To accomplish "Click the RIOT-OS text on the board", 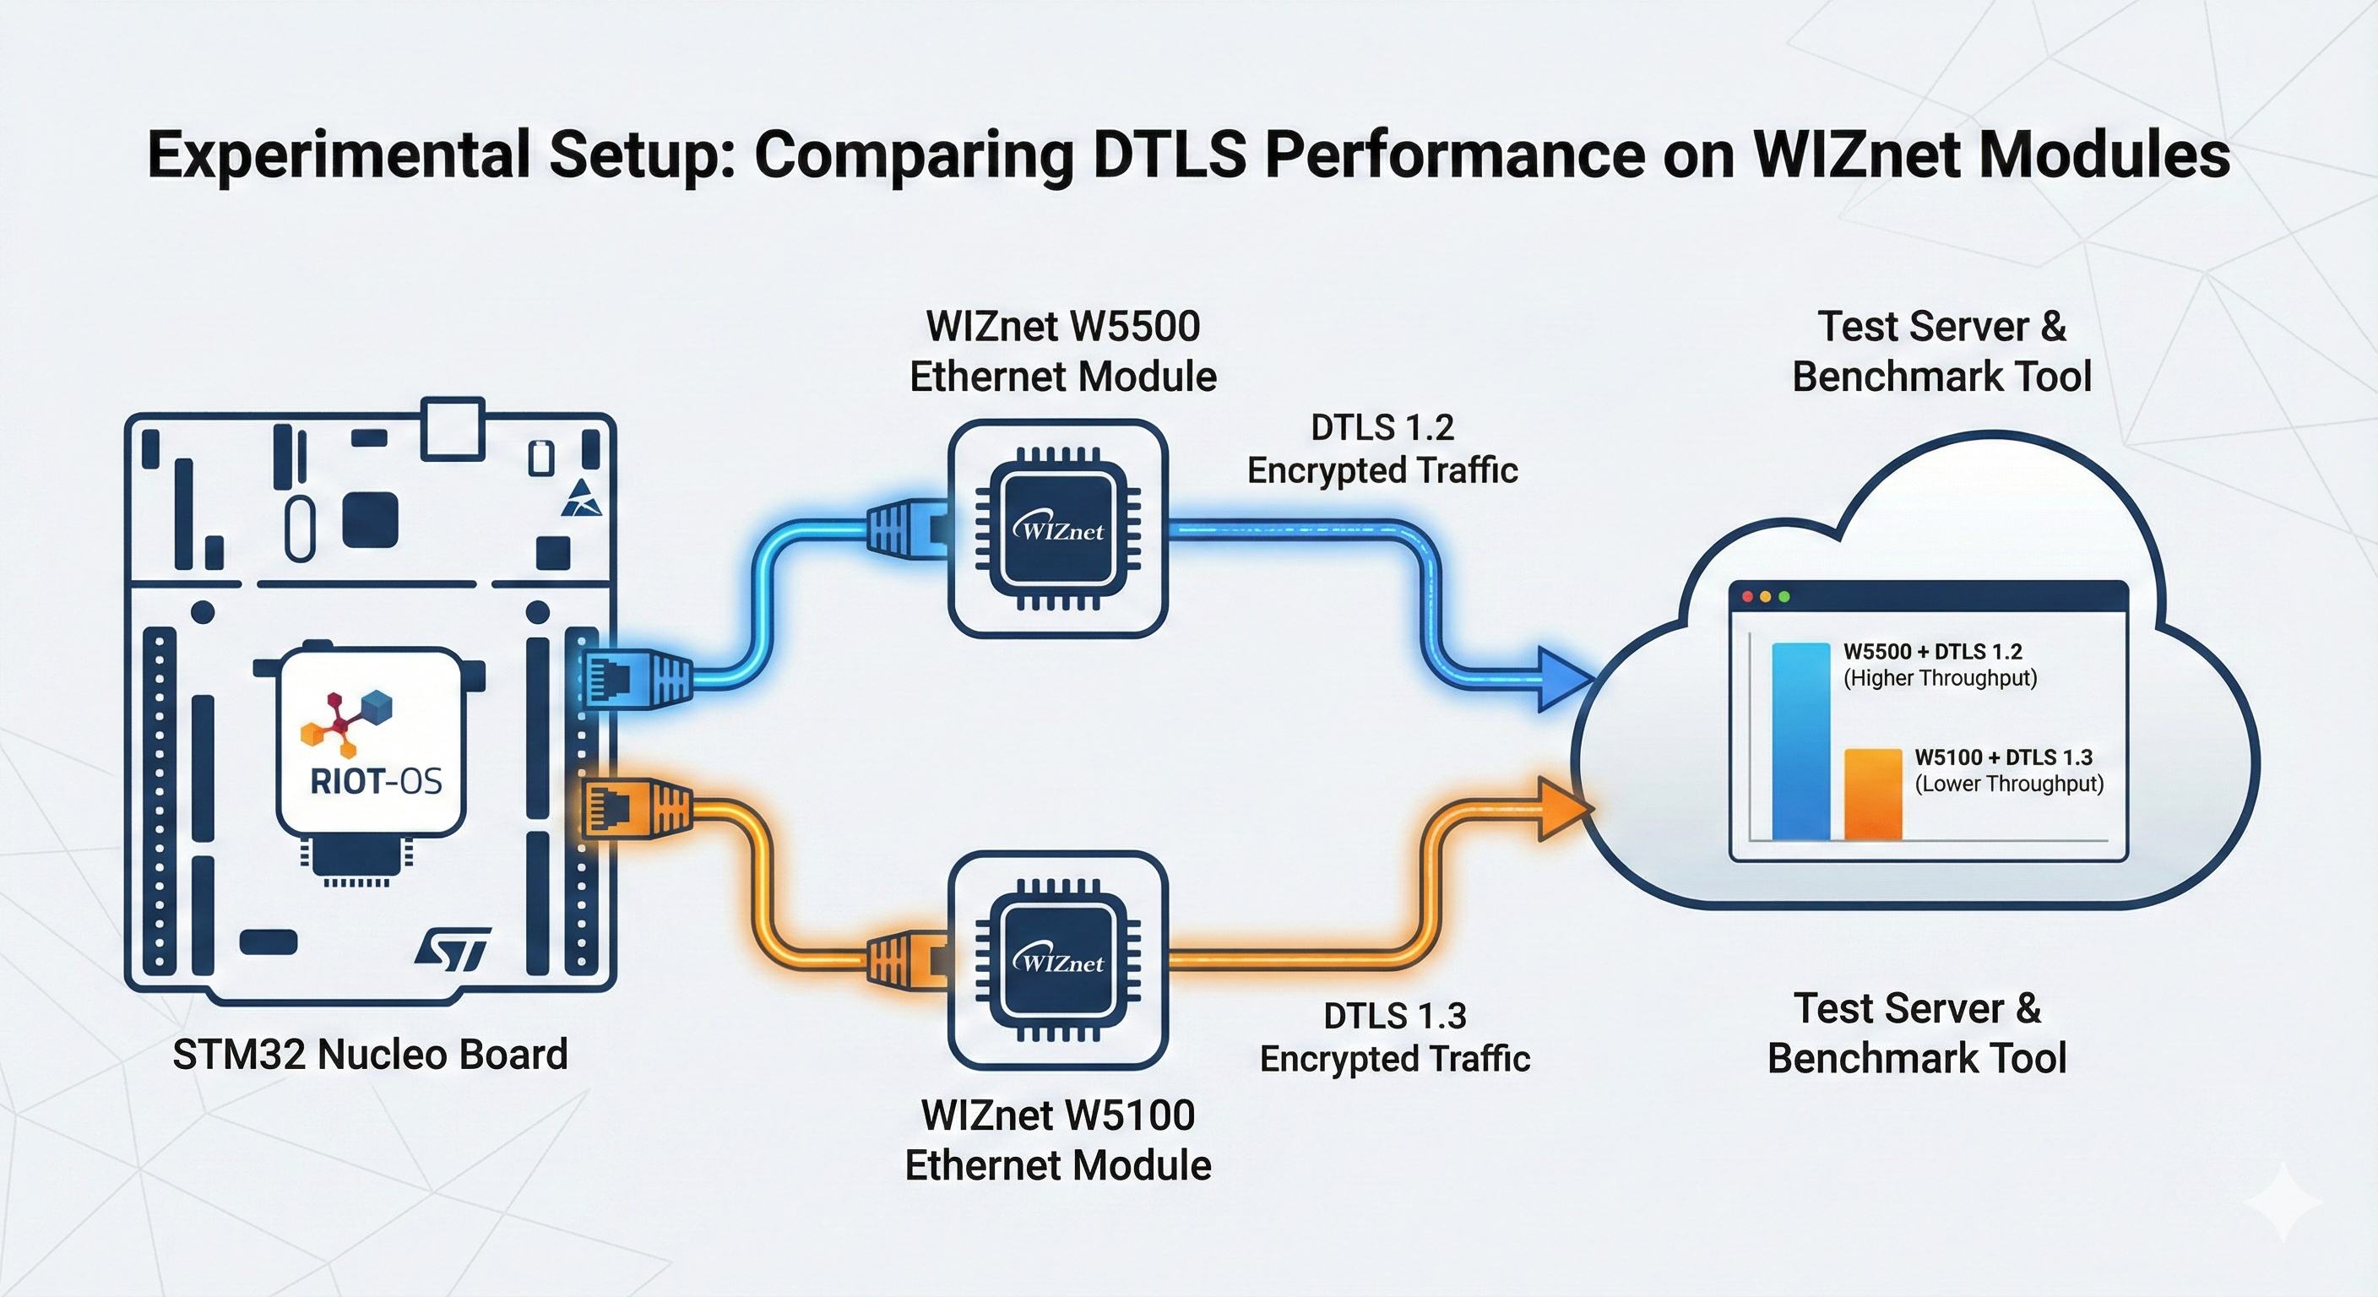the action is click(376, 782).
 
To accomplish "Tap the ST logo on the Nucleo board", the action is click(452, 950).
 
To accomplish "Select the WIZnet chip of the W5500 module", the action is click(1058, 529).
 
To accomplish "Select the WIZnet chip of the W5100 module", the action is click(1058, 960).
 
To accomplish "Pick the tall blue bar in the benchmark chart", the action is click(1800, 741).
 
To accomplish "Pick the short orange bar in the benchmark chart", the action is click(1873, 794).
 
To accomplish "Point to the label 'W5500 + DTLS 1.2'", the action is click(1932, 652).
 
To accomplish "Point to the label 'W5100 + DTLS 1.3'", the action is click(2003, 757).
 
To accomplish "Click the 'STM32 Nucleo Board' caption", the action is click(370, 1054).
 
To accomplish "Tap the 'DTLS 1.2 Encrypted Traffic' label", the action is click(1382, 448).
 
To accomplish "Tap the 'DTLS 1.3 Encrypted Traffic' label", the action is click(1395, 1037).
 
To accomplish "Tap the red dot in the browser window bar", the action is click(1746, 597).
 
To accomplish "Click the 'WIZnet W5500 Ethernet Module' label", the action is click(1062, 350).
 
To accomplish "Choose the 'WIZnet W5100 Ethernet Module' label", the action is click(1058, 1140).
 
